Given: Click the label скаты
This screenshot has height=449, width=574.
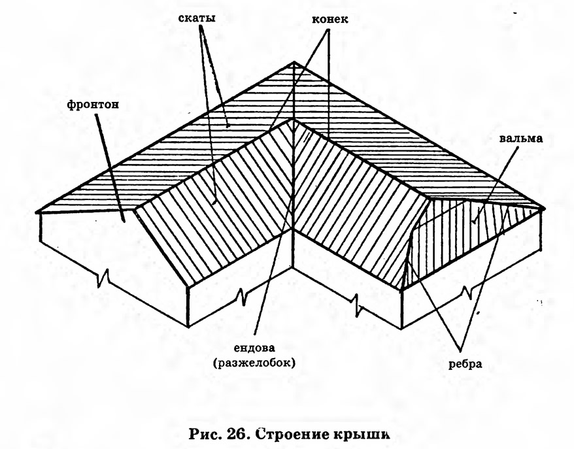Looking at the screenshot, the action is click(197, 18).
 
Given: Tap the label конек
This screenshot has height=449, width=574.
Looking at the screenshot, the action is click(330, 19).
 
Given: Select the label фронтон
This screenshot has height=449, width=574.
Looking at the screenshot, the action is click(93, 105).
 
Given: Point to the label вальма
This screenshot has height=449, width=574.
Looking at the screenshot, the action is click(521, 139).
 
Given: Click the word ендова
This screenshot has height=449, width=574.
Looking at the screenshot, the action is click(254, 348).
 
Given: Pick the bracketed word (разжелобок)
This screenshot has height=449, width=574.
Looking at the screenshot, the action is click(254, 363).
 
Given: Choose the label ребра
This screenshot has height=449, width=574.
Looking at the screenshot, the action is click(465, 365).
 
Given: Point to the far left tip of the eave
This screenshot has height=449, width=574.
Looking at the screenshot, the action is click(37, 212).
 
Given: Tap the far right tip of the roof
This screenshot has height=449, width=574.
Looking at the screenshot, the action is click(543, 208).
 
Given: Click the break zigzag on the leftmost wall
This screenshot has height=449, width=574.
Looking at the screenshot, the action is click(103, 277).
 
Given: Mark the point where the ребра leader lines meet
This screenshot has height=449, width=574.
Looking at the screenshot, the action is click(460, 347).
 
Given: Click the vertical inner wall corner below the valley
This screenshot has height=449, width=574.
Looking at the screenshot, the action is click(294, 248).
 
